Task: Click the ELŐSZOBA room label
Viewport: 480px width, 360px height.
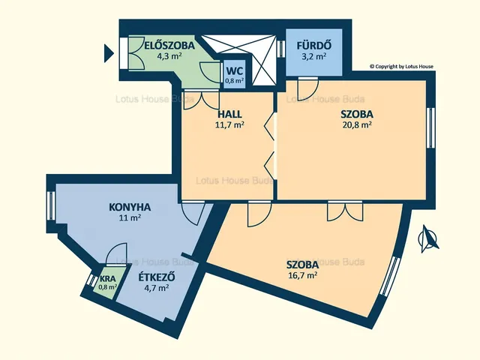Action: (x=169, y=45)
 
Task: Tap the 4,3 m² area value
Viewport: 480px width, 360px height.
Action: (x=169, y=56)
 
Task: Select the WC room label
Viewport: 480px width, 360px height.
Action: (x=235, y=71)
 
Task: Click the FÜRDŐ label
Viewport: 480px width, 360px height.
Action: (x=313, y=45)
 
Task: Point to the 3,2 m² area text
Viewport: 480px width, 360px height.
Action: (x=313, y=56)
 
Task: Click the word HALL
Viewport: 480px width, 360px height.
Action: (x=229, y=114)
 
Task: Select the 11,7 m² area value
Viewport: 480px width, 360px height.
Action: (x=230, y=125)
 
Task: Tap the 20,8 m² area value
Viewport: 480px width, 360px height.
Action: (x=357, y=125)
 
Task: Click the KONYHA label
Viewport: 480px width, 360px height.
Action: (x=130, y=207)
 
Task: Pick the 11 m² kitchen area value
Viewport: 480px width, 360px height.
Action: (x=130, y=218)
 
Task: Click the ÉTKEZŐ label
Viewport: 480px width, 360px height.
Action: (x=157, y=277)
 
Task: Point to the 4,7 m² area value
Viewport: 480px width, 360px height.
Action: (x=157, y=288)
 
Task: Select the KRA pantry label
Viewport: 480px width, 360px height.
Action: (x=107, y=279)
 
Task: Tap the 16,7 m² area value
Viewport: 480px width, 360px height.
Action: (x=302, y=275)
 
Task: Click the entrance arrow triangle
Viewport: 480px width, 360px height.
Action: (x=109, y=53)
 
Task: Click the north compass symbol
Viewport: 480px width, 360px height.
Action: (x=428, y=238)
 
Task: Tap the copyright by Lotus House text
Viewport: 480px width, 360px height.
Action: (x=401, y=66)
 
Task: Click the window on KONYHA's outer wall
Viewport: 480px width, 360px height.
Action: (x=51, y=205)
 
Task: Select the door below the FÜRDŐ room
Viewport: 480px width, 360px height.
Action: (x=308, y=87)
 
